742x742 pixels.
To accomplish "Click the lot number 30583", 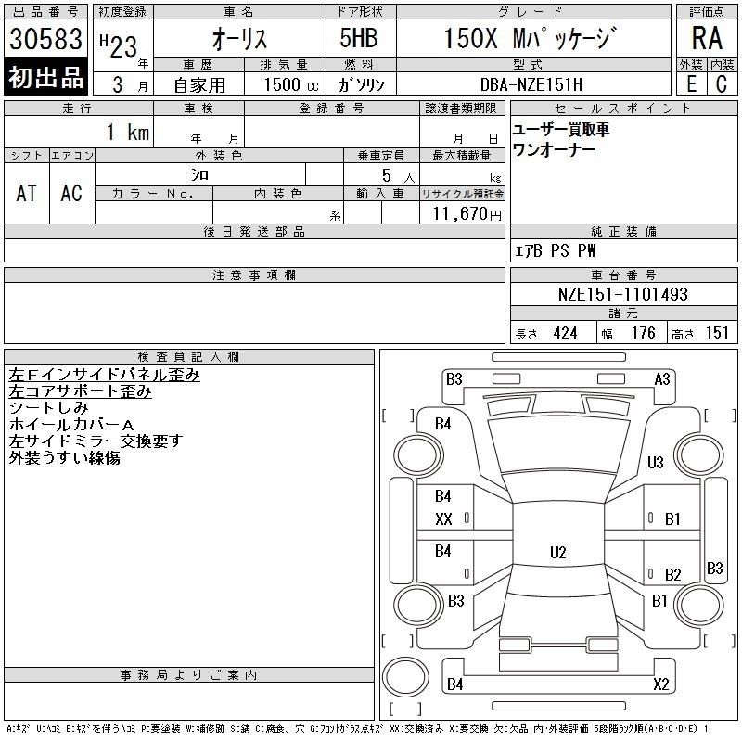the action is point(45,38).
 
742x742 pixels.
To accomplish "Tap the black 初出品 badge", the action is point(45,77).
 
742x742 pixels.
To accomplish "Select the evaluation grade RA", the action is point(707,38).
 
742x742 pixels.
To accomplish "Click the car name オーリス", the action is point(239,39).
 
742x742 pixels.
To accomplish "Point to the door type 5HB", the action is point(359,38).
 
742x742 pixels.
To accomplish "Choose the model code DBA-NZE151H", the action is point(531,84).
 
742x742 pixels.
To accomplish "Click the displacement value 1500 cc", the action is point(291,84).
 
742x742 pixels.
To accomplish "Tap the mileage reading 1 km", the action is point(128,132).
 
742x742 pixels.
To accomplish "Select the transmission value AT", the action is point(27,193).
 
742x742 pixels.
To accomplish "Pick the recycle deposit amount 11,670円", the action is point(467,214).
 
